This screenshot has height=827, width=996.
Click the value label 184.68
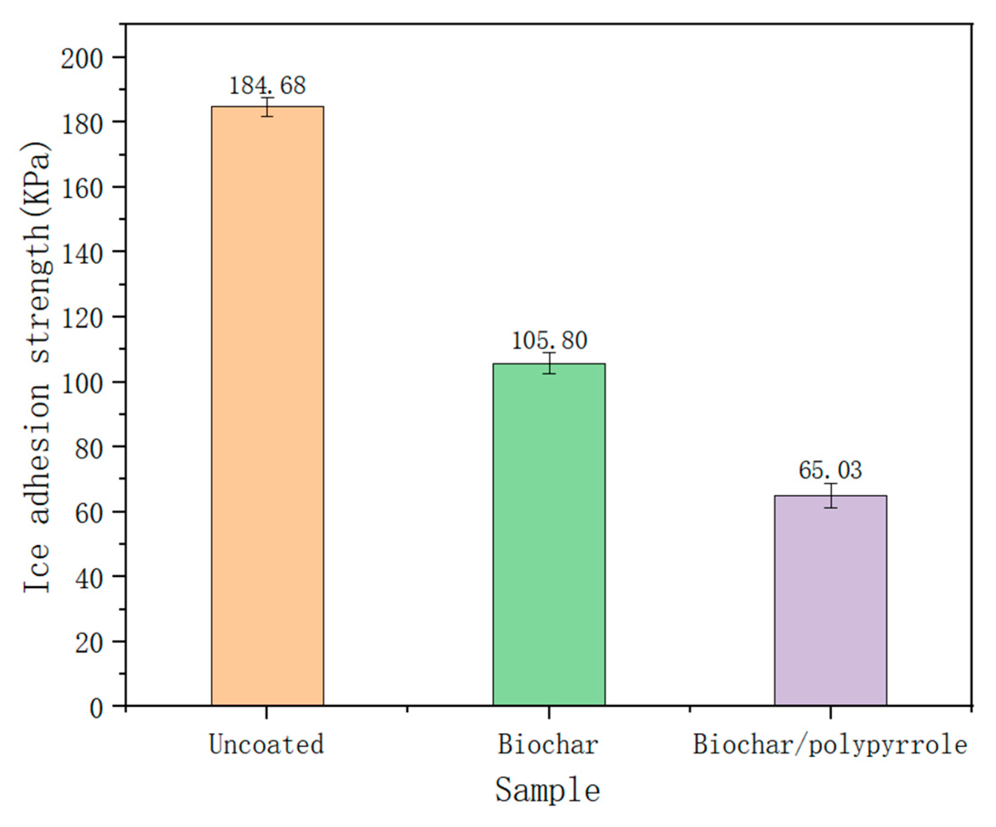point(267,85)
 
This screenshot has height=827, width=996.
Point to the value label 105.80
point(549,340)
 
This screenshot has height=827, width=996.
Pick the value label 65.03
point(830,470)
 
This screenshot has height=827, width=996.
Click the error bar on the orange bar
point(267,107)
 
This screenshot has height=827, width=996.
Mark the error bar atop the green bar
point(549,363)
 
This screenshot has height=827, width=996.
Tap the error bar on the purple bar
point(830,495)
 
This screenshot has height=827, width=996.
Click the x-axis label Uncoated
point(267,743)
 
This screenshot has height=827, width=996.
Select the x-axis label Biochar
point(548,743)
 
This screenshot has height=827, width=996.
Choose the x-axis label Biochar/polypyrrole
point(830,744)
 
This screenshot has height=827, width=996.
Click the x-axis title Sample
point(548,790)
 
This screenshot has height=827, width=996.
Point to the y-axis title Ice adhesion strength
point(37,368)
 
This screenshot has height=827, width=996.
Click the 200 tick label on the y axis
point(82,59)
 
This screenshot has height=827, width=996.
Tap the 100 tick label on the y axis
point(82,384)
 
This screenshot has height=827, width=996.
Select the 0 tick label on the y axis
point(96,708)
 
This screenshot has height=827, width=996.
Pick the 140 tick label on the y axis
point(82,254)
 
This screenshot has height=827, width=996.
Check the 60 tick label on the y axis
point(89,513)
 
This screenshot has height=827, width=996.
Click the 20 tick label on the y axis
point(89,643)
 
